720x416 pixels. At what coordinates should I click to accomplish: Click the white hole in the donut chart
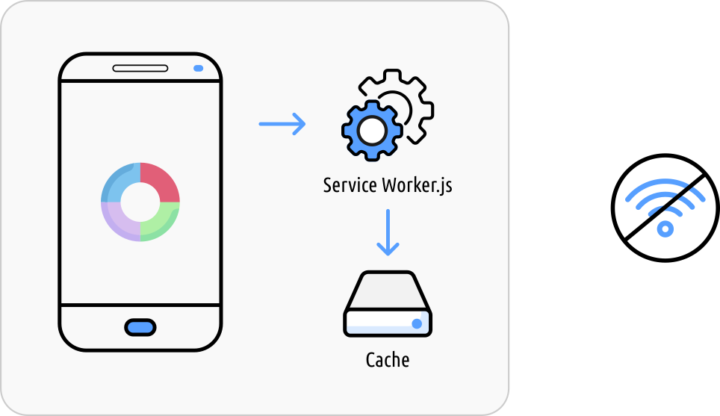(140, 202)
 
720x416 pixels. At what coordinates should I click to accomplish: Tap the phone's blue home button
(140, 327)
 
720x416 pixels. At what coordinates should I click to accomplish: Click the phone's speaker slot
(140, 69)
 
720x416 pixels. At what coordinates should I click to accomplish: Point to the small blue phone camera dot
(199, 69)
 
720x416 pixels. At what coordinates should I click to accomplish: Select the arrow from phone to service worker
(282, 124)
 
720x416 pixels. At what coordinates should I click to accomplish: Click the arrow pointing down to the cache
(388, 232)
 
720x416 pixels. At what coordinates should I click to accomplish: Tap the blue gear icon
(372, 131)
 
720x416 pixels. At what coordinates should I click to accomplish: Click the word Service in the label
(350, 185)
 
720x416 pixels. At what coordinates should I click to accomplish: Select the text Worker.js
(418, 186)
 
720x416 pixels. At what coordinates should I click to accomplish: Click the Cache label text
(388, 360)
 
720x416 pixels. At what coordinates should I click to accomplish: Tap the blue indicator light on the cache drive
(417, 323)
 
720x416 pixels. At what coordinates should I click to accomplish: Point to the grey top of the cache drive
(388, 291)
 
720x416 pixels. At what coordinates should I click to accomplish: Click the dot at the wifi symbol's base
(665, 229)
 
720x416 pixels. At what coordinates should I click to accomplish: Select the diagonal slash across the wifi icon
(665, 208)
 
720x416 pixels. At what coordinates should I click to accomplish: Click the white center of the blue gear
(373, 131)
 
